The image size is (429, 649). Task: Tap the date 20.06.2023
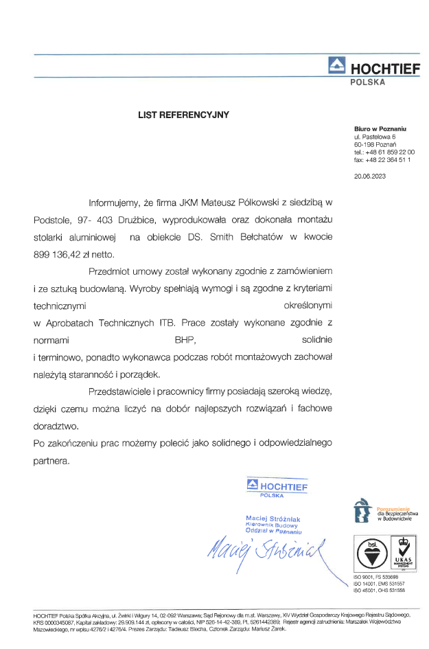[x=370, y=177]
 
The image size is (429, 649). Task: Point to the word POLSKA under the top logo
[x=368, y=82]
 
